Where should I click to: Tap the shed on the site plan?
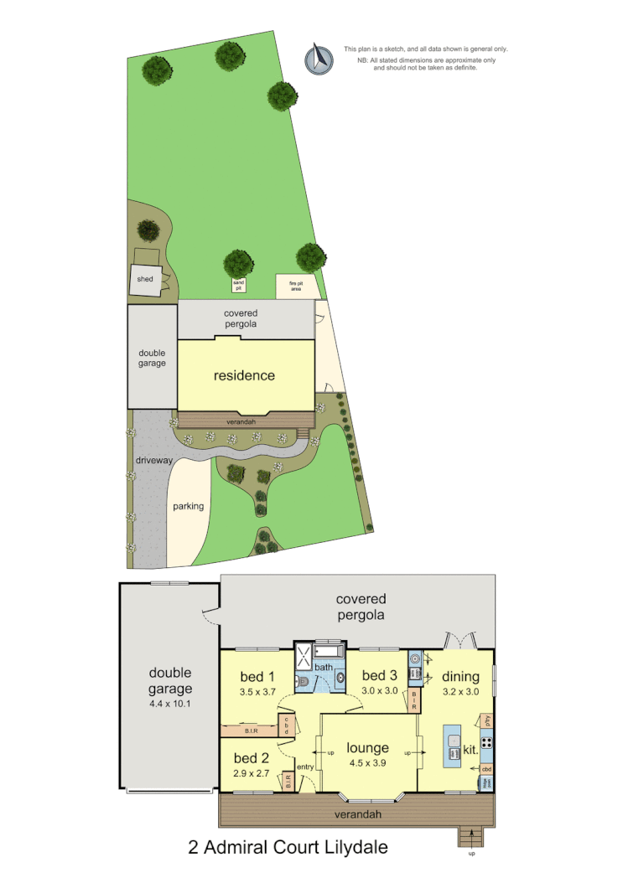click(145, 280)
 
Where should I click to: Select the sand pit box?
click(239, 285)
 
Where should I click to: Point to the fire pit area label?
click(296, 285)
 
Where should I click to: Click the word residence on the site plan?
click(244, 375)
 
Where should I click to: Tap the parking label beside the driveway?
click(189, 506)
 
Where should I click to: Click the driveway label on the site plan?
click(153, 462)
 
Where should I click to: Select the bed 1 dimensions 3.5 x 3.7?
click(257, 692)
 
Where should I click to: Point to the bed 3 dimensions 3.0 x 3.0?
click(380, 691)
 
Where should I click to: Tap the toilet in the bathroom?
click(304, 683)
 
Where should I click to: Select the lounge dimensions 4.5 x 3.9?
click(368, 763)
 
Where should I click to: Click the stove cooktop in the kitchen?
click(486, 742)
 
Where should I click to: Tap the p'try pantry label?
click(486, 720)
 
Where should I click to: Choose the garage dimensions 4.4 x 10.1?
click(170, 704)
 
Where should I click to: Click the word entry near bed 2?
click(304, 767)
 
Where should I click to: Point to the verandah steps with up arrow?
click(471, 836)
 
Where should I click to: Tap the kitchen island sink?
click(453, 741)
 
